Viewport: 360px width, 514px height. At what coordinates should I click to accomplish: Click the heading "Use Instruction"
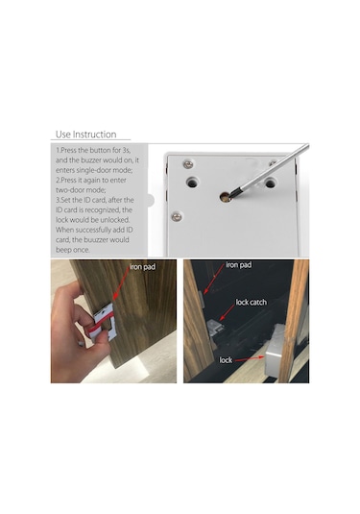click(85, 135)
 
